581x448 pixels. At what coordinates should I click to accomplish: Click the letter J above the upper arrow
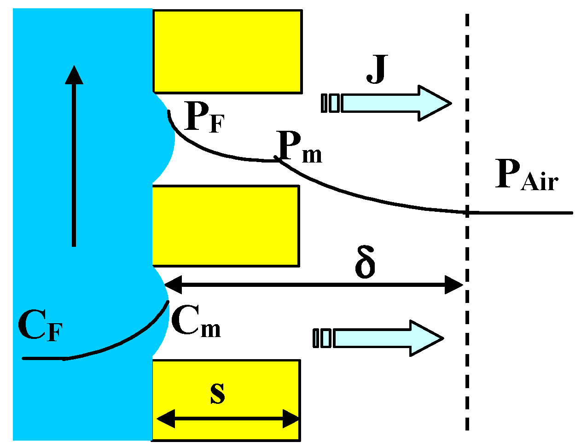377,70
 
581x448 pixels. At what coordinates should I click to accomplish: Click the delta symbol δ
365,263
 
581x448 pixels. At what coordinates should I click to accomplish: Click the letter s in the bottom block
217,393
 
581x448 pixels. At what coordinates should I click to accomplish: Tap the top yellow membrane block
227,51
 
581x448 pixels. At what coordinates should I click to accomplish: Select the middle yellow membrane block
226,226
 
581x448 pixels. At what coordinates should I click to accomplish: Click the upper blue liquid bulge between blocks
163,138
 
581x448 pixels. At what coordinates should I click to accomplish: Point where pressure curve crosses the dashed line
467,212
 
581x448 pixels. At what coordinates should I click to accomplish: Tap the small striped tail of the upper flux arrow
331,103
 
